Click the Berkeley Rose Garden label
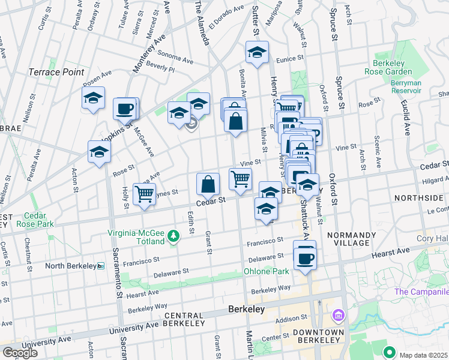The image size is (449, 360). coord(387,67)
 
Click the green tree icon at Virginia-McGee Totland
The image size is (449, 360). coord(173,236)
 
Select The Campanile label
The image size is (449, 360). coord(421,292)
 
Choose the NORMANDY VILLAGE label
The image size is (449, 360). coord(352,239)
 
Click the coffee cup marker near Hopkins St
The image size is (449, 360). coord(125,109)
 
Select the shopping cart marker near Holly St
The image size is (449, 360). coord(144,194)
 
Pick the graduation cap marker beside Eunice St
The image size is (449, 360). coord(257,52)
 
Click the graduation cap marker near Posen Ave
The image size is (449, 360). coord(93,98)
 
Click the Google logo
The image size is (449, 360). coord(20,353)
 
